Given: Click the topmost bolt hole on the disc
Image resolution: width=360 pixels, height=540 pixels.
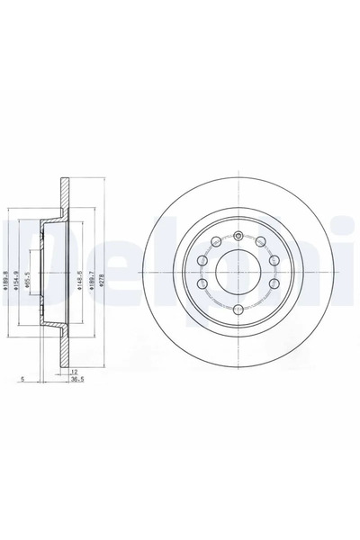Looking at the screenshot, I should [238, 237].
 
